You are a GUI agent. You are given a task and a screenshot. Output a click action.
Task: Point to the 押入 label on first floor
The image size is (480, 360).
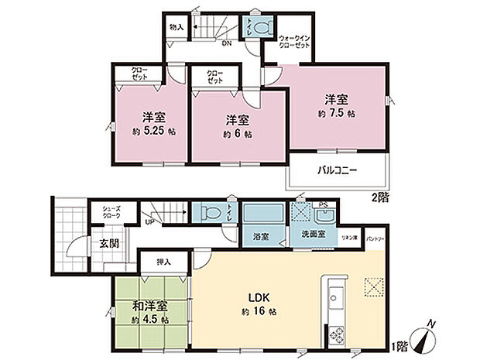(x=164, y=262)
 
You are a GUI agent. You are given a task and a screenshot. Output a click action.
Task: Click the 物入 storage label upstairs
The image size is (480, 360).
(x=177, y=27)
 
